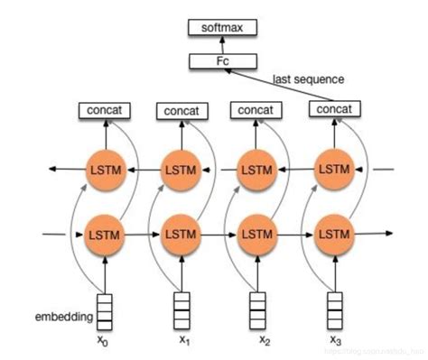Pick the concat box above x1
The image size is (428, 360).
pyautogui.click(x=184, y=111)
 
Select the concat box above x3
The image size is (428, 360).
pyautogui.click(x=335, y=109)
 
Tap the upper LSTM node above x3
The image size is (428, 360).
pyautogui.click(x=334, y=169)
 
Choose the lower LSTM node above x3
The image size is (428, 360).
pyautogui.click(x=334, y=234)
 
